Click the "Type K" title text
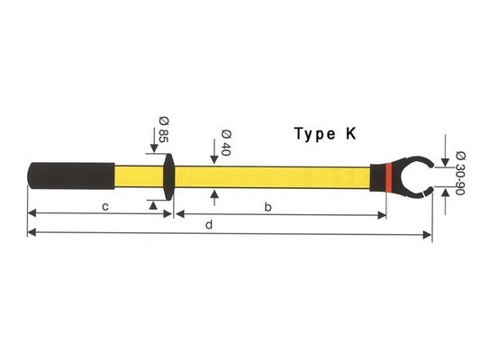(x=325, y=134)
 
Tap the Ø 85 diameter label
(x=164, y=130)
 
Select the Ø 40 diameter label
(x=226, y=142)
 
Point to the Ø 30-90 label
(x=460, y=173)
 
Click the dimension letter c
(x=105, y=207)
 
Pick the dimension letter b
(x=267, y=207)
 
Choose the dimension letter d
(x=209, y=225)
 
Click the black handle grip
(x=71, y=175)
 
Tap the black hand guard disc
(x=169, y=176)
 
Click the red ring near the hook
(x=389, y=177)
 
